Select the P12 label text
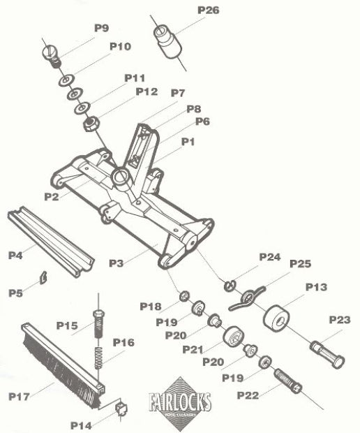coord(147,91)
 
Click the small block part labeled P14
coord(117,406)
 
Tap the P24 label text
coord(269,257)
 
